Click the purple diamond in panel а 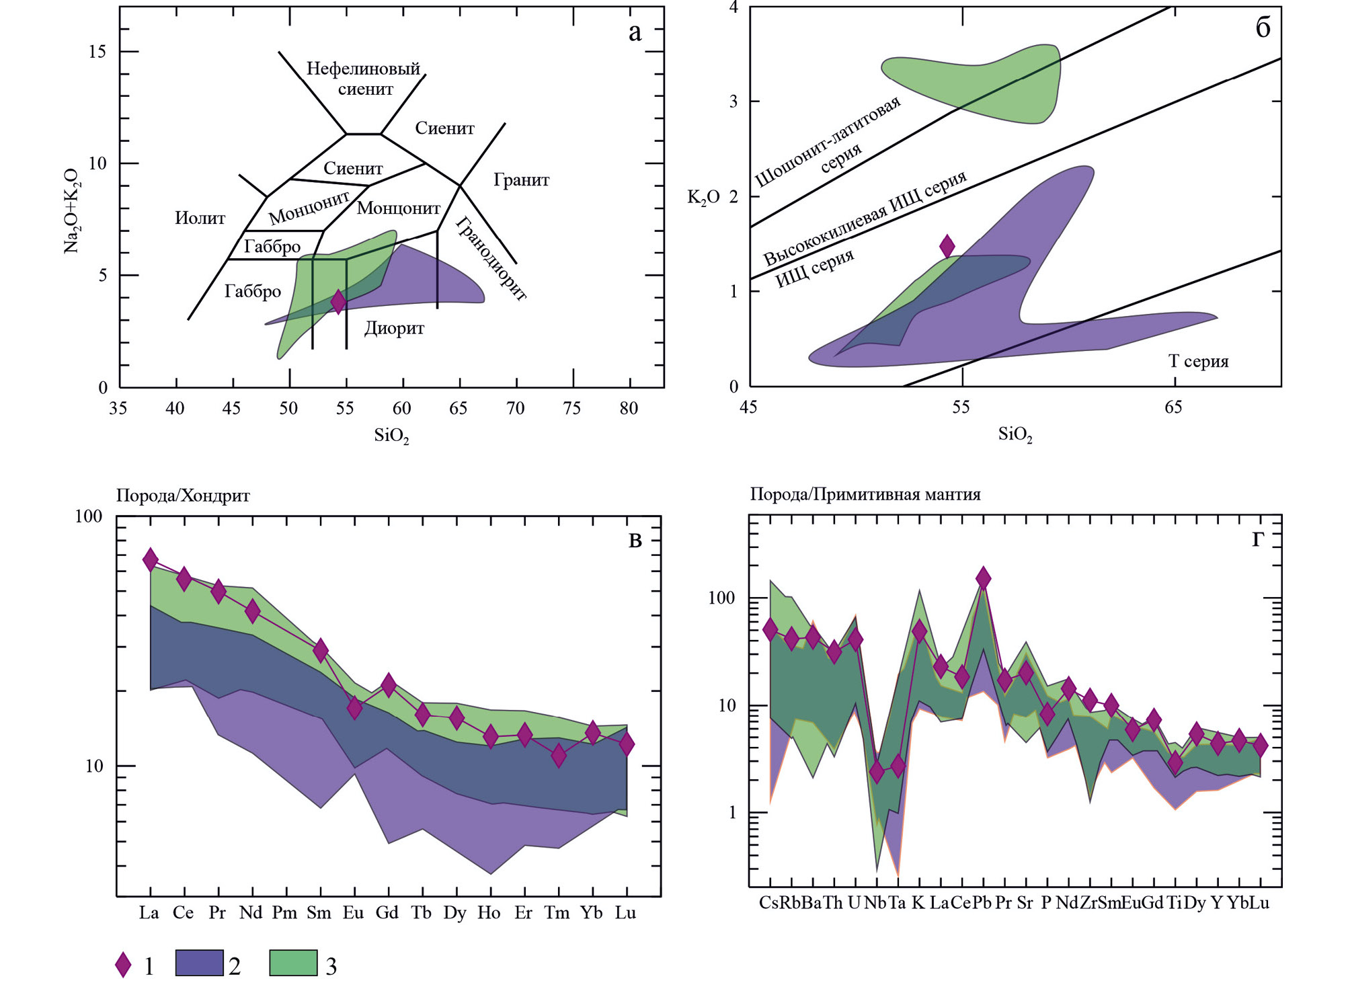coord(339,301)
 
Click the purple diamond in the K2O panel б coord(947,246)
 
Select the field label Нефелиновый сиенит coord(364,78)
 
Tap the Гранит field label coord(521,180)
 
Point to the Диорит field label coord(394,328)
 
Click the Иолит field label coord(200,218)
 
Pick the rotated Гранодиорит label coord(491,257)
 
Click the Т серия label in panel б coord(1198,361)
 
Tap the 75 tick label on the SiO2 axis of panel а coord(571,408)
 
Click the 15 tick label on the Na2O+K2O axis coord(97,52)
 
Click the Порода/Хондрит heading coord(183,495)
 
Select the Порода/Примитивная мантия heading coord(865,494)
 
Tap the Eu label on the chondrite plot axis coord(353,912)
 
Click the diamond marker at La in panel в coord(151,559)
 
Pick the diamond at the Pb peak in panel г coord(983,578)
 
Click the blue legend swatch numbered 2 coord(199,963)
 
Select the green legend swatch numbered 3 coord(293,963)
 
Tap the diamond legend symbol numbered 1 coord(123,964)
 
